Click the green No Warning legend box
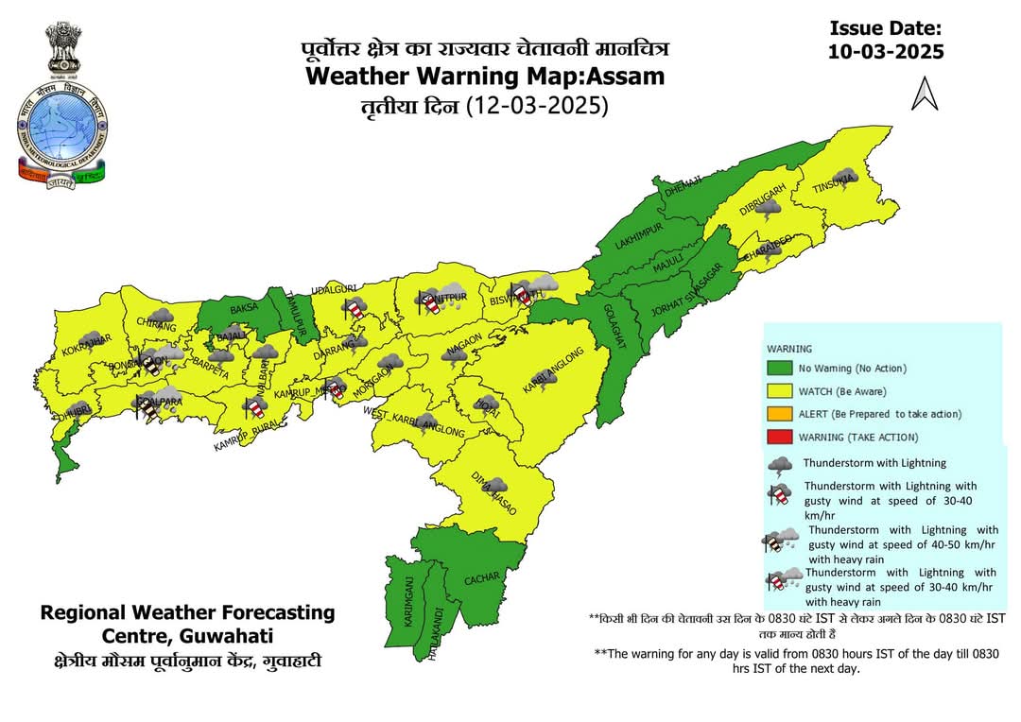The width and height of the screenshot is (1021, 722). coord(782,368)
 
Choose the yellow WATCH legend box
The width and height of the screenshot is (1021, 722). coord(782,391)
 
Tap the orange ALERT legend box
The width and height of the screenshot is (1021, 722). coord(782,414)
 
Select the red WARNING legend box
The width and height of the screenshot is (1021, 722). coord(782,437)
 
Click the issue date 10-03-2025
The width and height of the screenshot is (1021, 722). coord(886,52)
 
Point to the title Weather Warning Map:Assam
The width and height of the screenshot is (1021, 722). coord(485,76)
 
